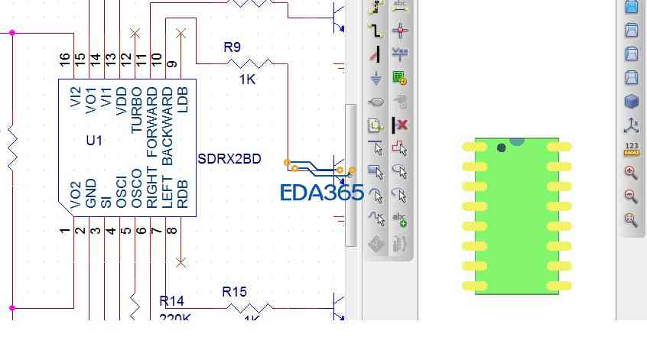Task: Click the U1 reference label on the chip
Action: click(x=94, y=141)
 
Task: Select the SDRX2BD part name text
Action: click(x=229, y=159)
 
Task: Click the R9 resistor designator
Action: click(x=232, y=47)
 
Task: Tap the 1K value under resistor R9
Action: click(x=247, y=79)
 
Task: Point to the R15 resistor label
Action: click(x=234, y=291)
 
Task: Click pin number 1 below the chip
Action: click(x=65, y=230)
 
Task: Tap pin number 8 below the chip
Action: click(x=172, y=230)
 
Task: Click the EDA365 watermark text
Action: click(x=321, y=193)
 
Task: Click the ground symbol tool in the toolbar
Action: click(x=376, y=77)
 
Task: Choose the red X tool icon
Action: click(x=400, y=125)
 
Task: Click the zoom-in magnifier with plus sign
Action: click(x=631, y=173)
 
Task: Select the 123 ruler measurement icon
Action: click(x=631, y=148)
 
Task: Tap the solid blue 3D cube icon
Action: click(x=631, y=102)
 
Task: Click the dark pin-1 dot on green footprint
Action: click(x=501, y=148)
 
